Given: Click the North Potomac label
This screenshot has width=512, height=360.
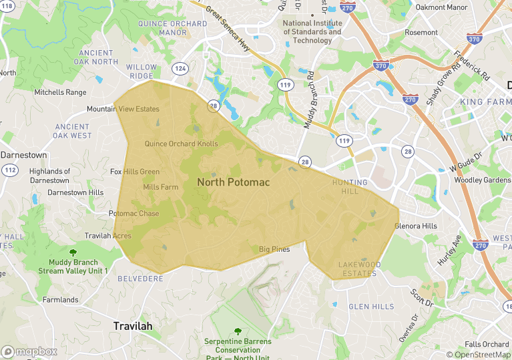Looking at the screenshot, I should click(232, 182).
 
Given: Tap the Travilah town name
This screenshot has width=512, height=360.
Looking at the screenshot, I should click(132, 326).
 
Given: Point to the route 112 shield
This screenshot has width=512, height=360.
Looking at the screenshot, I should click(10, 170).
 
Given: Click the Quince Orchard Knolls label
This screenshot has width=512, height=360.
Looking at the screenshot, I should click(181, 144).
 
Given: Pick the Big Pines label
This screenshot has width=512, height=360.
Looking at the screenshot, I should click(274, 249).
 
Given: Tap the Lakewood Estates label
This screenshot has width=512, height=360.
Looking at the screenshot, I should click(359, 268).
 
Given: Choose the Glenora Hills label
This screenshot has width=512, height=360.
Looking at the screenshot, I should click(415, 226).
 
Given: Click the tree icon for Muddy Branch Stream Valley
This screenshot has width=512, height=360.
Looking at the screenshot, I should click(73, 252).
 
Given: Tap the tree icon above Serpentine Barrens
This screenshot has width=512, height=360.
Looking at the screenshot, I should click(238, 331).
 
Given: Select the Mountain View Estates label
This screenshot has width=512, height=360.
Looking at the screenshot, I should click(123, 109).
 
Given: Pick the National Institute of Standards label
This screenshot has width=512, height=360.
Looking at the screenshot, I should click(312, 31).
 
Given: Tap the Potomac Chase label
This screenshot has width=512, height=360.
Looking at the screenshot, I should click(134, 214).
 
